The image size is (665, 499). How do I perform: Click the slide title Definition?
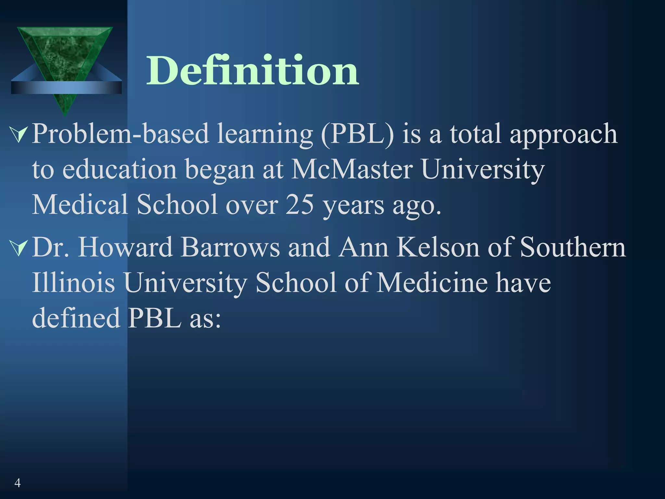coord(253,70)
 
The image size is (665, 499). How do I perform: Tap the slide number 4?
coord(18,483)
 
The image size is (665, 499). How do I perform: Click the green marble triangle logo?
coord(65,55)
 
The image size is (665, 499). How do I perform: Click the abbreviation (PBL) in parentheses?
coord(357,134)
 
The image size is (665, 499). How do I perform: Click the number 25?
coord(300,205)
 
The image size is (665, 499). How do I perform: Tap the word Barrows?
coord(230,248)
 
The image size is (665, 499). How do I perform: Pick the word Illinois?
coord(73,283)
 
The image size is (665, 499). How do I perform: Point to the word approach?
coord(563,134)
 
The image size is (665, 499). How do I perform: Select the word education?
coord(119,170)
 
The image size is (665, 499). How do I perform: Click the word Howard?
coord(125,248)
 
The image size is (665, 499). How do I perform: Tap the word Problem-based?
coord(120,134)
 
